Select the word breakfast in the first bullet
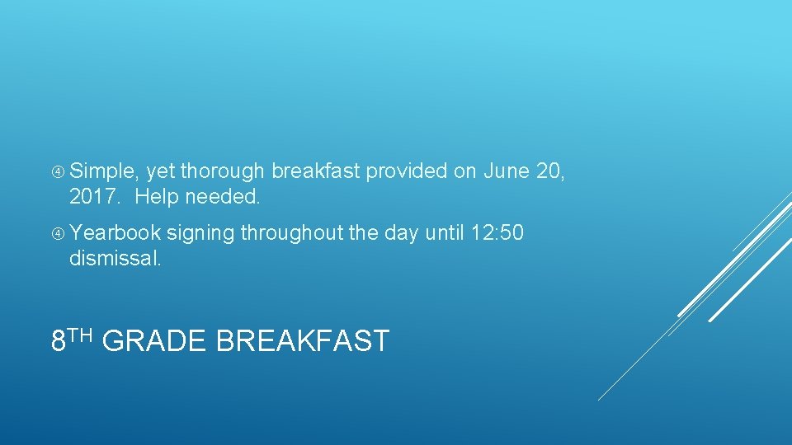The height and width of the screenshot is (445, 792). tap(316, 171)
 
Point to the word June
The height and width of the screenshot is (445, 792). tap(506, 171)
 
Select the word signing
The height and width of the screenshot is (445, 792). tap(200, 233)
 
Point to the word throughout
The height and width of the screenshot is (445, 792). tap(290, 233)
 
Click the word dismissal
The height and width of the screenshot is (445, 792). tap(115, 259)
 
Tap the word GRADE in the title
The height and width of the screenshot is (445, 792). tap(155, 340)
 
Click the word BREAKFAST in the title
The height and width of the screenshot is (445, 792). tap(302, 340)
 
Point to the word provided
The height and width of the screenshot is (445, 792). tap(407, 171)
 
